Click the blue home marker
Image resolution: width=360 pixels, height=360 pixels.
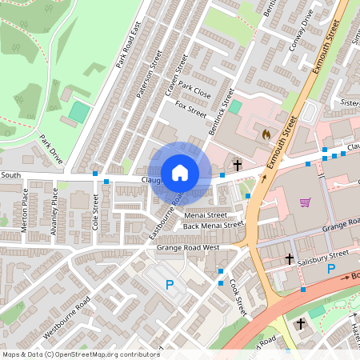[179, 172]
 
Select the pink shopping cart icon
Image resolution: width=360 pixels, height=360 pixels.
[305, 202]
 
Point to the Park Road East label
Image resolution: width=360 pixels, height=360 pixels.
[129, 44]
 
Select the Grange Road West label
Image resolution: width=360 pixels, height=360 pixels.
[189, 248]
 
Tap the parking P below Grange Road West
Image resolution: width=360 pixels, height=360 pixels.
[169, 284]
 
